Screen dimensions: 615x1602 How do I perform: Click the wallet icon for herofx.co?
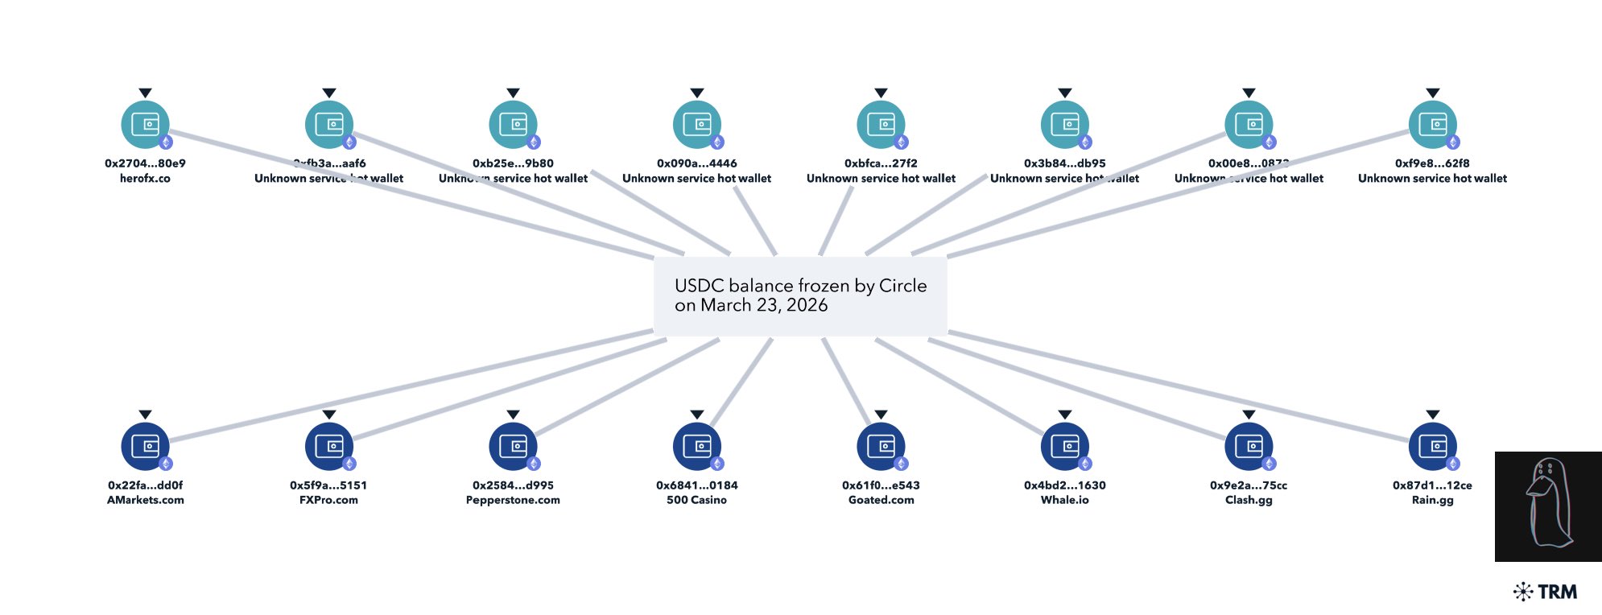(x=145, y=125)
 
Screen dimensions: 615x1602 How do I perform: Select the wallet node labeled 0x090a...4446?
(x=697, y=125)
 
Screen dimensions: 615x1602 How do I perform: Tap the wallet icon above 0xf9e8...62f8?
(x=1432, y=125)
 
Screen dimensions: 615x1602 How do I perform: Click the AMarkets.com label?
(x=145, y=500)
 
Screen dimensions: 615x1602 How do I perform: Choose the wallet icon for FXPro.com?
(x=328, y=447)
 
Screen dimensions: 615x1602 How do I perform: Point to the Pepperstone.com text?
(x=513, y=500)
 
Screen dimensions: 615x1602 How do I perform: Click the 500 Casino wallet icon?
(x=697, y=447)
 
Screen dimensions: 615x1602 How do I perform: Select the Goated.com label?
(x=881, y=500)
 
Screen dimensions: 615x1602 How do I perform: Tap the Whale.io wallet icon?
(x=1064, y=447)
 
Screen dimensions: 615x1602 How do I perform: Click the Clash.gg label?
(x=1249, y=500)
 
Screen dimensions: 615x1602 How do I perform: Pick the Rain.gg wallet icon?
(x=1432, y=447)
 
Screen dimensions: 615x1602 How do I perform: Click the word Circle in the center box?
(x=902, y=286)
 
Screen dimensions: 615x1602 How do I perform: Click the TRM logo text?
(x=1557, y=592)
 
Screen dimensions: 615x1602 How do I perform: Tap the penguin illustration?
(x=1547, y=506)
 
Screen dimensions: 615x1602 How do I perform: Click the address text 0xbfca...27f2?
(x=881, y=163)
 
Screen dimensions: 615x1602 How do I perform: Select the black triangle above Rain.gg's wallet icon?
(x=1432, y=415)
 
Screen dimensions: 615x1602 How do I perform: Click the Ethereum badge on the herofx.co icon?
(x=166, y=142)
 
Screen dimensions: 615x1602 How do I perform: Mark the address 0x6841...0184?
(x=697, y=485)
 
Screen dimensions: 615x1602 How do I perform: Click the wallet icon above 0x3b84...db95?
(x=1064, y=125)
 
